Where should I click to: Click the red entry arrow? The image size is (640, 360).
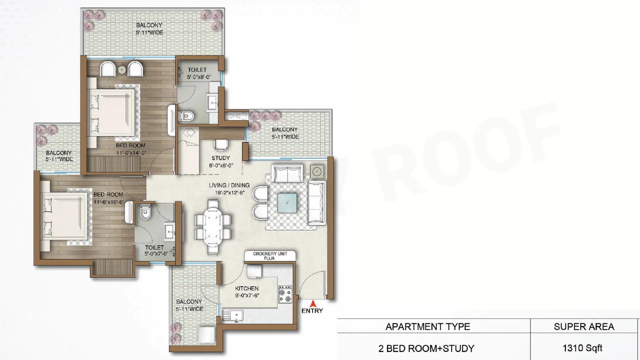click(x=313, y=304)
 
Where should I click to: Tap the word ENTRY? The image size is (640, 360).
click(x=312, y=311)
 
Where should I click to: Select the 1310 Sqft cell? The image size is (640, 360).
click(x=582, y=348)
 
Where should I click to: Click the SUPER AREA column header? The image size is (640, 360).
click(x=584, y=327)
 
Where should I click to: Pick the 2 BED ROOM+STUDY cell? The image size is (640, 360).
click(x=426, y=348)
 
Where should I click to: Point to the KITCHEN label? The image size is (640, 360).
click(x=247, y=288)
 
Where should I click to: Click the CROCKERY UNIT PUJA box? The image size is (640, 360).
click(x=270, y=256)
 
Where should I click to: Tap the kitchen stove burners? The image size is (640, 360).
click(x=285, y=294)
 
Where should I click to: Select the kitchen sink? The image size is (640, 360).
click(x=232, y=315)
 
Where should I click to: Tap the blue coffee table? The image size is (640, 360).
click(x=287, y=203)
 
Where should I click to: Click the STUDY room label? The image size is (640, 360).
click(x=221, y=158)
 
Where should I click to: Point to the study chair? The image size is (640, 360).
click(x=221, y=145)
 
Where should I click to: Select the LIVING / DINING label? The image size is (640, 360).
click(x=229, y=185)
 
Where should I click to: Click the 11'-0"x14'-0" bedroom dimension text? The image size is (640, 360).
click(x=131, y=153)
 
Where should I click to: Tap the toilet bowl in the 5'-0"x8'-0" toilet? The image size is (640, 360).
click(x=187, y=116)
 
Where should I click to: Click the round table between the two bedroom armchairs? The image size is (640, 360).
click(x=122, y=70)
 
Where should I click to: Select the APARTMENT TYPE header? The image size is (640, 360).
click(x=428, y=327)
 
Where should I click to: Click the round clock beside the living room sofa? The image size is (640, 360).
click(x=317, y=172)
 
